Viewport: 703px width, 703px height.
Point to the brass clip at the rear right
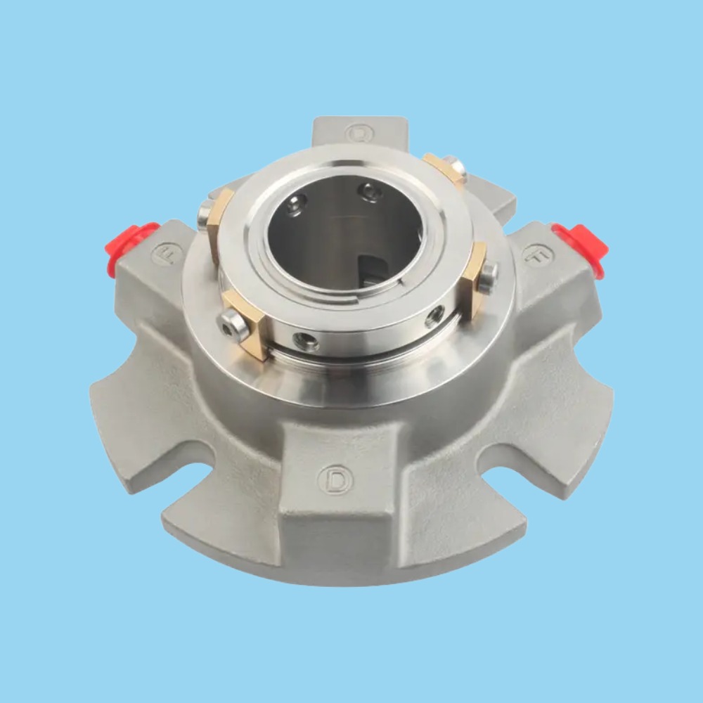[443, 169]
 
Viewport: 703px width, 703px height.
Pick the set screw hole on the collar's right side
[434, 316]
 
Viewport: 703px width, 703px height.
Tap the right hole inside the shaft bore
[370, 192]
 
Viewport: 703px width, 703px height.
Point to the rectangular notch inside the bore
[371, 271]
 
